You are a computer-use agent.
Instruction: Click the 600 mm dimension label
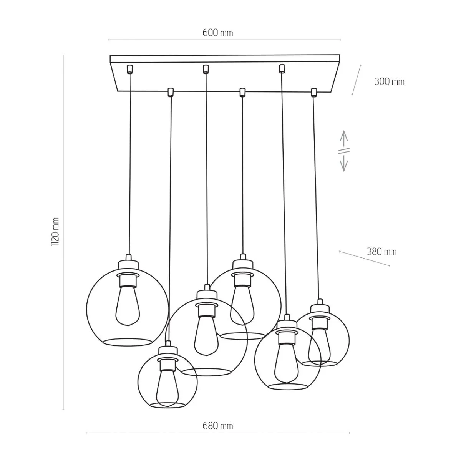[x=217, y=33]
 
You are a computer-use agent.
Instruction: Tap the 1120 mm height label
[x=55, y=232]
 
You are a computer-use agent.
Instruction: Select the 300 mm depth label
[x=390, y=82]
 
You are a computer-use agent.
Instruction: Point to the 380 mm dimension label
[x=382, y=252]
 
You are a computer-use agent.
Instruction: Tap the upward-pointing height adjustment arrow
[x=344, y=138]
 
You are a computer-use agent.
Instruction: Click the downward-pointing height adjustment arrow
[x=344, y=163]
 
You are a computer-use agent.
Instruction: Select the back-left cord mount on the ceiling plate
[x=130, y=69]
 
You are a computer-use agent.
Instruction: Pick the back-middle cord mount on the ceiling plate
[x=205, y=69]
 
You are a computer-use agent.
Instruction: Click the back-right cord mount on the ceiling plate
[x=282, y=69]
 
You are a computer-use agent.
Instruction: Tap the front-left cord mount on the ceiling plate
[x=170, y=92]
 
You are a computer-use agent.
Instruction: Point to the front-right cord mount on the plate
[x=314, y=92]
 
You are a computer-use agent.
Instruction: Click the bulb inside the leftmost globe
[x=128, y=306]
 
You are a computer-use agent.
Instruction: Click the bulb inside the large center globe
[x=206, y=336]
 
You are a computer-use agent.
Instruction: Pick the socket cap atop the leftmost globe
[x=128, y=265]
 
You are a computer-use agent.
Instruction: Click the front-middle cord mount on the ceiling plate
[x=242, y=92]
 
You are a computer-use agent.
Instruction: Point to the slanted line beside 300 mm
[x=357, y=80]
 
